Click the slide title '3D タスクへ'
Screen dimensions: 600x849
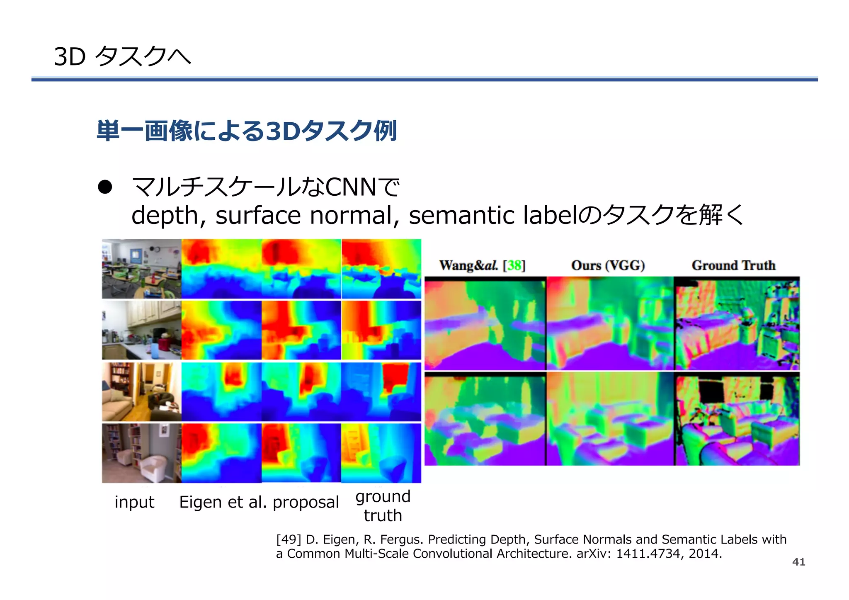coord(122,56)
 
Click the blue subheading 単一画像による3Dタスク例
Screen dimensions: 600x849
coord(247,131)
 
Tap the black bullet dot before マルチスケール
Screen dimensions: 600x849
coord(105,187)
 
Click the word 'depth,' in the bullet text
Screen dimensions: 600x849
coord(168,216)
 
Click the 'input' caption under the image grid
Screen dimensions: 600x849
coord(134,502)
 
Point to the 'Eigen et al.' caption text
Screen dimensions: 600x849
coord(223,502)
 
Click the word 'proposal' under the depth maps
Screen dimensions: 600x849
coord(306,502)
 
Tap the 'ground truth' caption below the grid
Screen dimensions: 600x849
coord(383,506)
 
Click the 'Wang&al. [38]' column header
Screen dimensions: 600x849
coord(482,265)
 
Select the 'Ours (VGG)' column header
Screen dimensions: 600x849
coord(608,265)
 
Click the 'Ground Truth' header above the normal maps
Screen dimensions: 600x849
coord(733,265)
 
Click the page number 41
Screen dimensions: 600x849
coord(798,562)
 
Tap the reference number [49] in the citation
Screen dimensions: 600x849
coord(289,539)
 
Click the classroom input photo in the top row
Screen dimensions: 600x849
coord(141,269)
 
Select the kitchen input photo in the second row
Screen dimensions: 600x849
coord(141,330)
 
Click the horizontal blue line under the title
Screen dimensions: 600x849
coord(424,79)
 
